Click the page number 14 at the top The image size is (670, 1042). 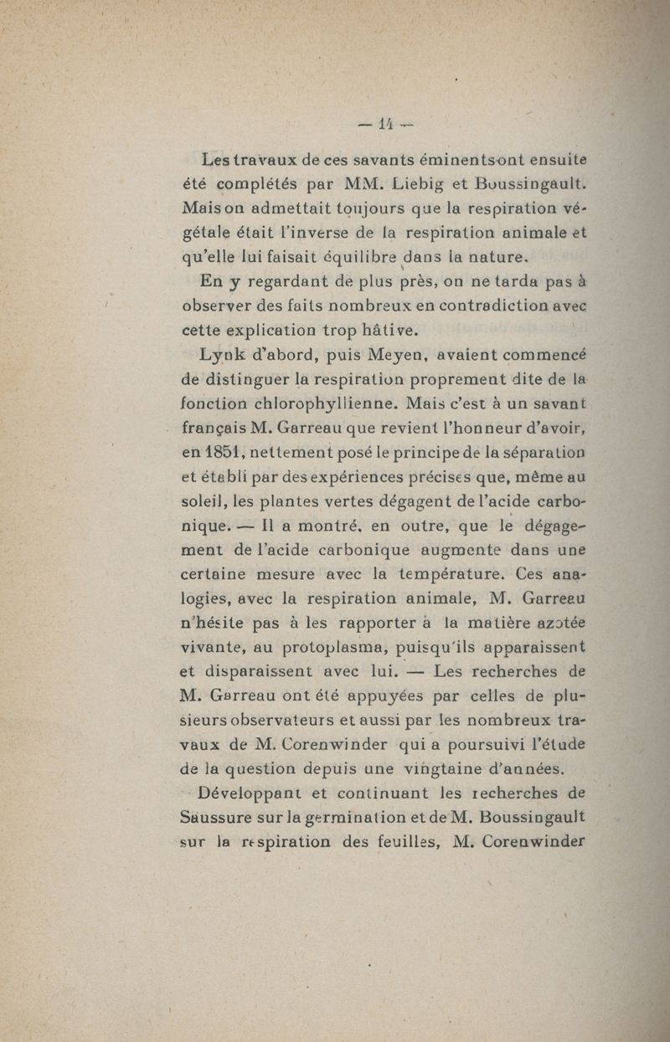385,125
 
